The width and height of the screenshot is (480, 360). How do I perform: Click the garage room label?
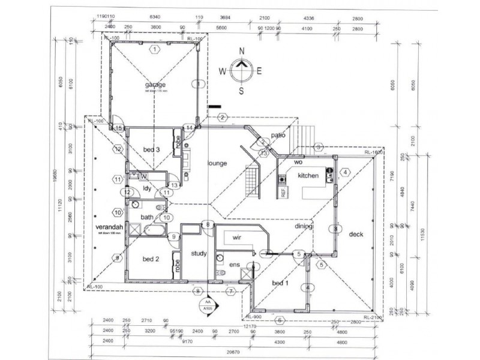155,85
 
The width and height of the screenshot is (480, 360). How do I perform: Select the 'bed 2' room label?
151,259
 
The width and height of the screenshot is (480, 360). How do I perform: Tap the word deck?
357,235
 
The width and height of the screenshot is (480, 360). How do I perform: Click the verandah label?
109,227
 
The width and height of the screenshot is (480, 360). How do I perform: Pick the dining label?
304,226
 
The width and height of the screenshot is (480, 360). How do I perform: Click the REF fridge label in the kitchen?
282,192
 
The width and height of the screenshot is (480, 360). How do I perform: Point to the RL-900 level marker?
252,317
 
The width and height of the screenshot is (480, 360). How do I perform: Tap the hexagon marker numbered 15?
119,128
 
